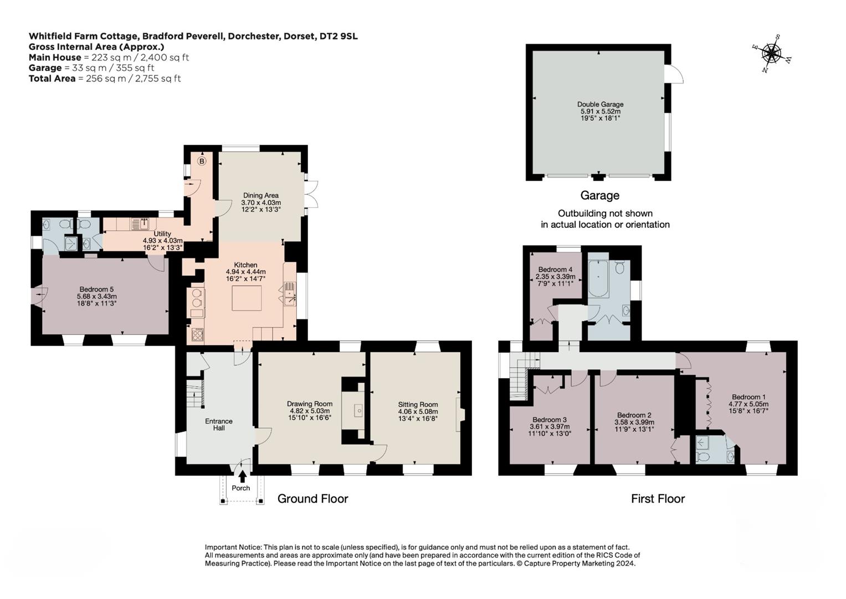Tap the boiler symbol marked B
(x=202, y=161)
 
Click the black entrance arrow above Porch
(x=242, y=475)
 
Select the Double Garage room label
(x=600, y=104)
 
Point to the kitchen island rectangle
(x=247, y=298)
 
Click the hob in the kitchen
(x=198, y=334)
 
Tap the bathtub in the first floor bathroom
(x=598, y=279)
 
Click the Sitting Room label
(x=418, y=405)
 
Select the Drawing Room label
(x=310, y=404)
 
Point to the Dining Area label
(x=260, y=195)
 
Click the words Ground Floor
(x=312, y=499)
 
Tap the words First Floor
(x=658, y=499)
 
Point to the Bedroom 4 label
(x=555, y=270)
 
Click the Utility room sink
(x=140, y=224)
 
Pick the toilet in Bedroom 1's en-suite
(x=702, y=457)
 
